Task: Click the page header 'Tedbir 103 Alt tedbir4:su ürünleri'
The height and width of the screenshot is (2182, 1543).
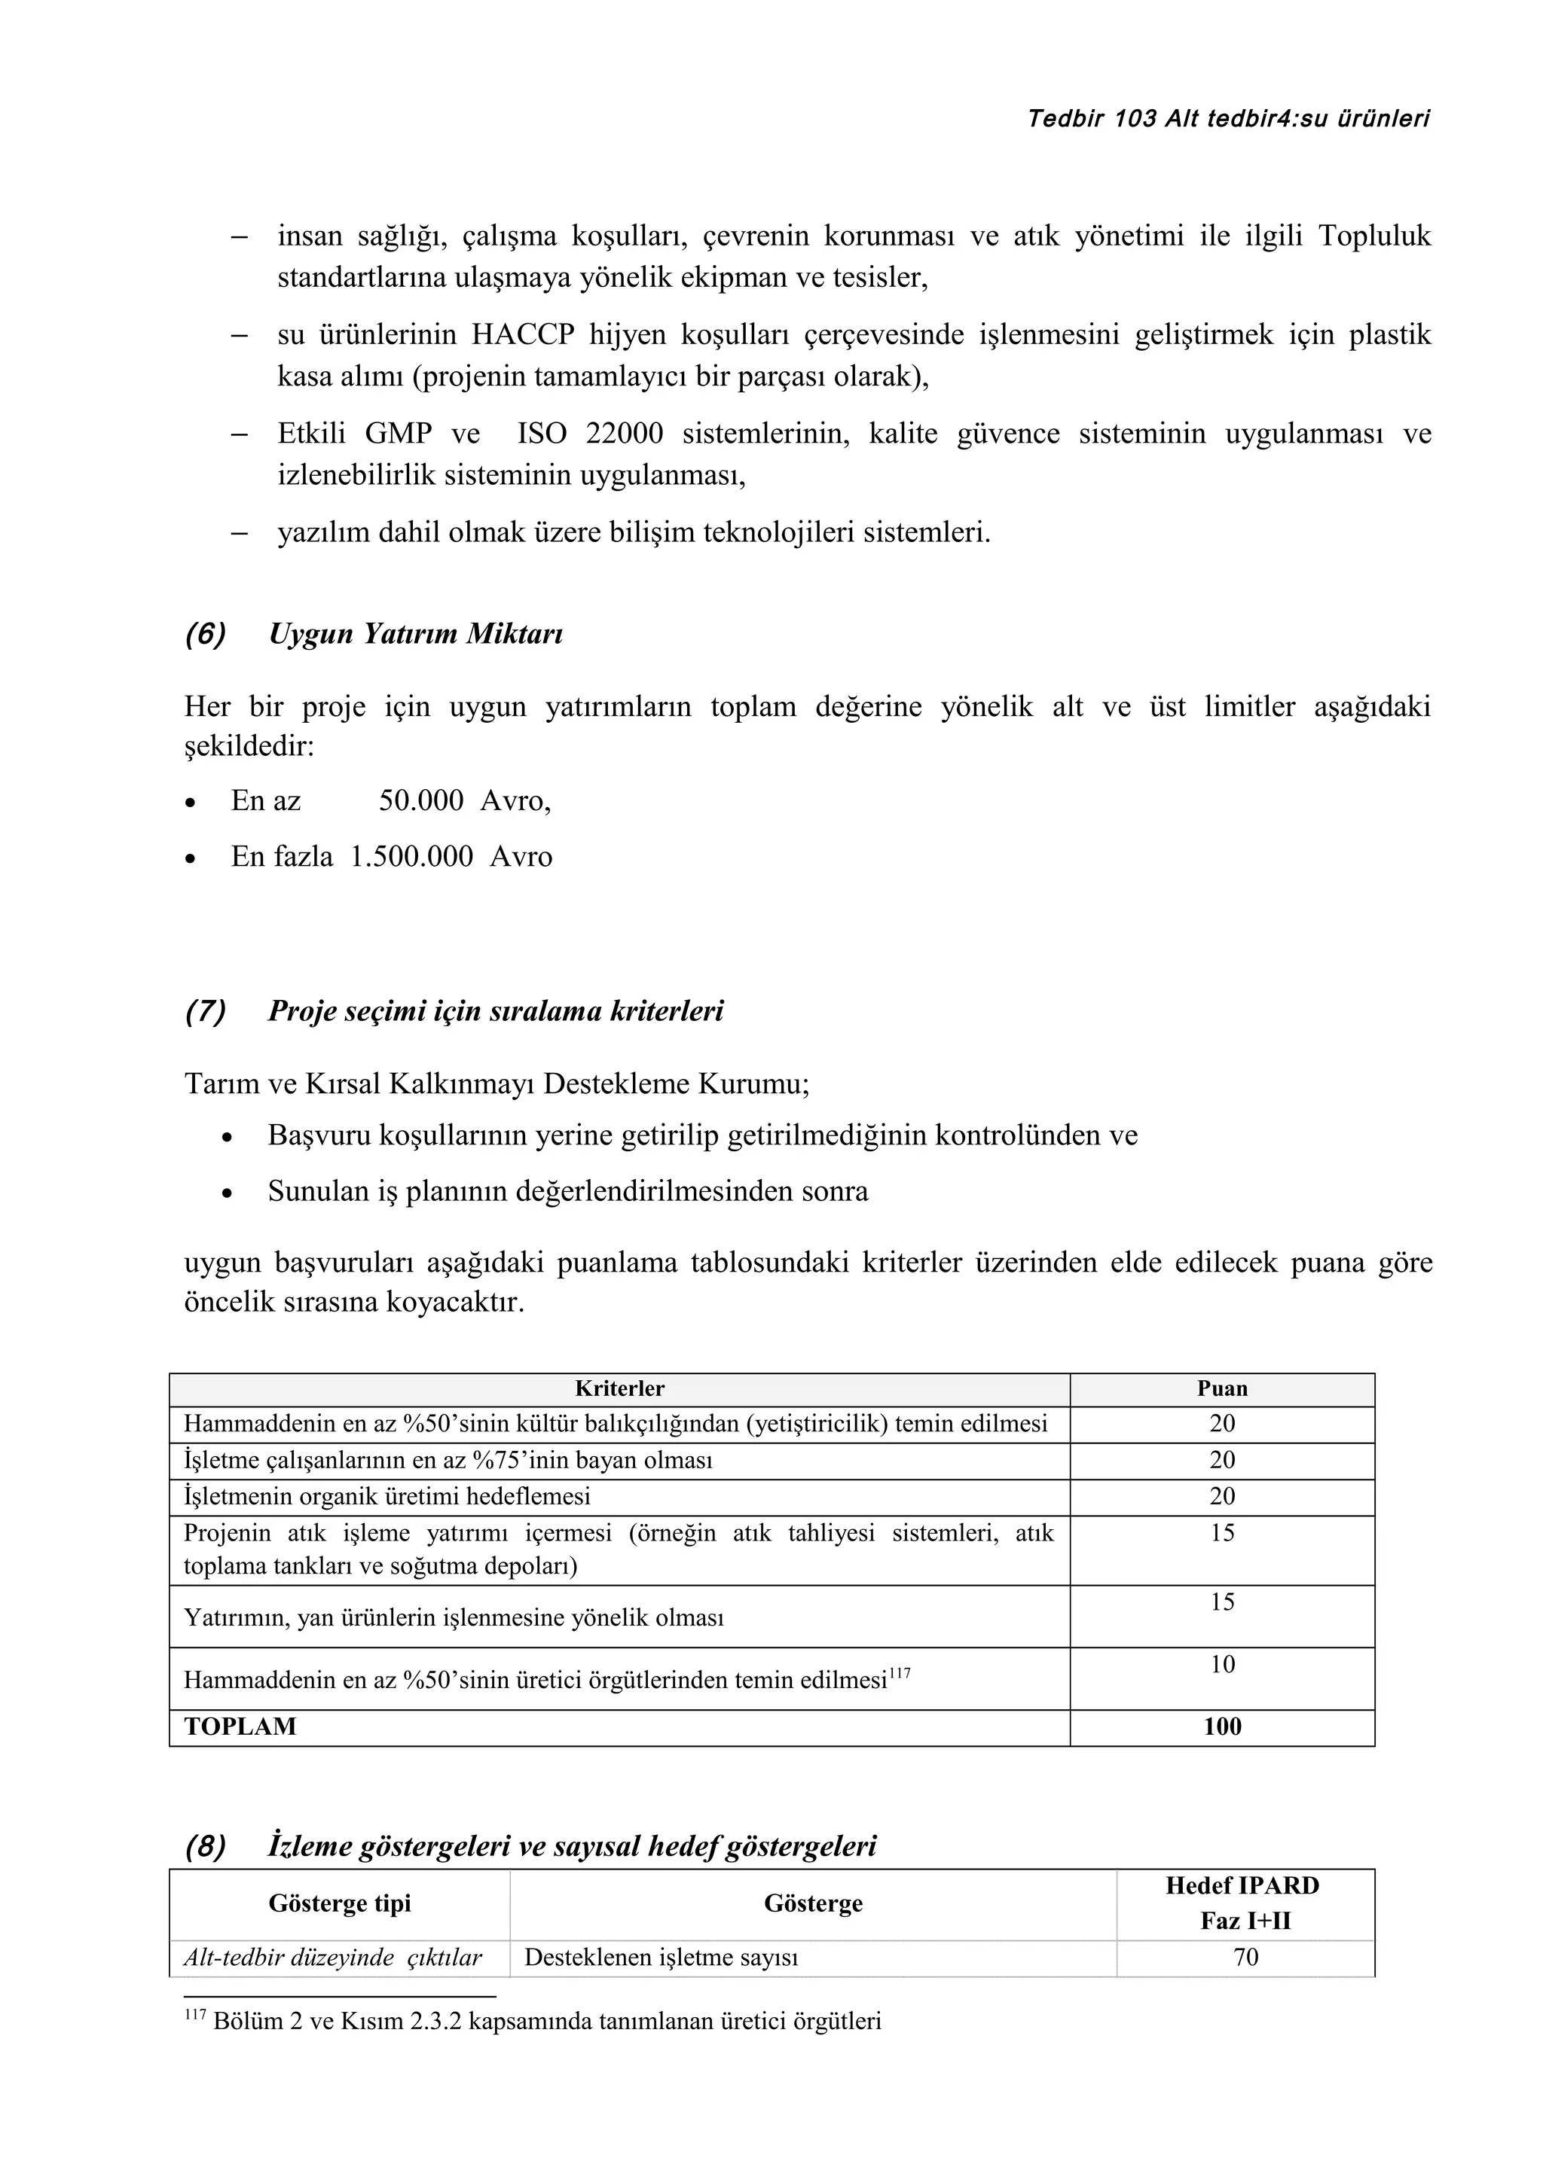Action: coord(1228,119)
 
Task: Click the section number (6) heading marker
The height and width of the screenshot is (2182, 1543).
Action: coord(206,634)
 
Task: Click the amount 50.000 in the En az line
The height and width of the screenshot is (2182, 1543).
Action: coord(421,801)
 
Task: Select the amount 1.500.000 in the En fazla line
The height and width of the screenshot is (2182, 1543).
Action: coord(411,857)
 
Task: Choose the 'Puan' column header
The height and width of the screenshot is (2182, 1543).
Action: coord(1221,1388)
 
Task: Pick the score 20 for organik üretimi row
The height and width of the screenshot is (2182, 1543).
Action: coord(1221,1496)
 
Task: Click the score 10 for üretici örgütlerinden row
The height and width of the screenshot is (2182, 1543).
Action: coord(1221,1664)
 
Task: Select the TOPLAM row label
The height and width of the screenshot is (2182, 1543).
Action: coord(240,1726)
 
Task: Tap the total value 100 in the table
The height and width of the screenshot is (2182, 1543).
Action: coord(1221,1726)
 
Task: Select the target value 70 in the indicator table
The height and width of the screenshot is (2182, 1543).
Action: coord(1245,1958)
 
